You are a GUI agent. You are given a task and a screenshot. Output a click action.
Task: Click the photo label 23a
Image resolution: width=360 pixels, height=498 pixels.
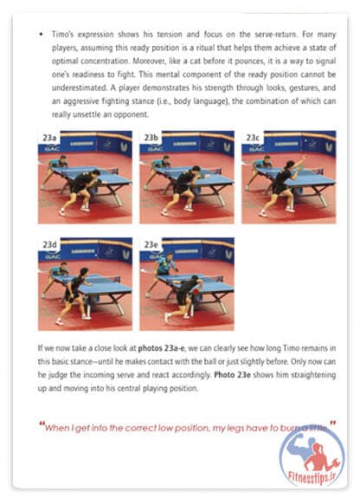tap(49, 138)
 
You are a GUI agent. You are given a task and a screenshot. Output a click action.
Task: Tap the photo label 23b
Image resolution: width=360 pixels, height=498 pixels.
tap(151, 138)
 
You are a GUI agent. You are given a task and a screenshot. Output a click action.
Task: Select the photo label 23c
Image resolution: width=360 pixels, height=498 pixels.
tap(253, 138)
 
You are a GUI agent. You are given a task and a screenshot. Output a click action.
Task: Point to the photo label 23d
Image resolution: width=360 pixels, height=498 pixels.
tap(49, 244)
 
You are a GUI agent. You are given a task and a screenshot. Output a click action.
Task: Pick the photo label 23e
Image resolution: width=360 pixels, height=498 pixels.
tap(151, 244)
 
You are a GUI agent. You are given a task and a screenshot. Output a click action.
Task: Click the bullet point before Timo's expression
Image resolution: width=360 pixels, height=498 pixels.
tap(41, 35)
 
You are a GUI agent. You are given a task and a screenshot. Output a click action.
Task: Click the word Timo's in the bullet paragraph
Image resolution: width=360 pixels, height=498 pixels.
tap(62, 35)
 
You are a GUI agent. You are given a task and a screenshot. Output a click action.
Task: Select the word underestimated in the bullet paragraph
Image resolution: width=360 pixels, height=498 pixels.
tap(80, 87)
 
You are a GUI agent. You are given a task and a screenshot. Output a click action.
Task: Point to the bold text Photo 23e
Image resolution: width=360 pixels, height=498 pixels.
tap(233, 375)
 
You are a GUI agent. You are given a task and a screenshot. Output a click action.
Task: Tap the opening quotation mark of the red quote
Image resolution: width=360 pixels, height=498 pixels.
tap(42, 424)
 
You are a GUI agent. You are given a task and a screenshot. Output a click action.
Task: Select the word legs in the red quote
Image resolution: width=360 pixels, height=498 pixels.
tap(235, 429)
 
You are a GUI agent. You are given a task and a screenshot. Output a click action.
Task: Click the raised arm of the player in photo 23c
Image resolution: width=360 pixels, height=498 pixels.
tap(299, 162)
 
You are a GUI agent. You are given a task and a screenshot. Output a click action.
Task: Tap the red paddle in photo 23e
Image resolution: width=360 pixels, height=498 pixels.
tap(199, 291)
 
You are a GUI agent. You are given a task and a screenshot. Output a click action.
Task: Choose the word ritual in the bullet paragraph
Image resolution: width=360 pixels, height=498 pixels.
tap(206, 48)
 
